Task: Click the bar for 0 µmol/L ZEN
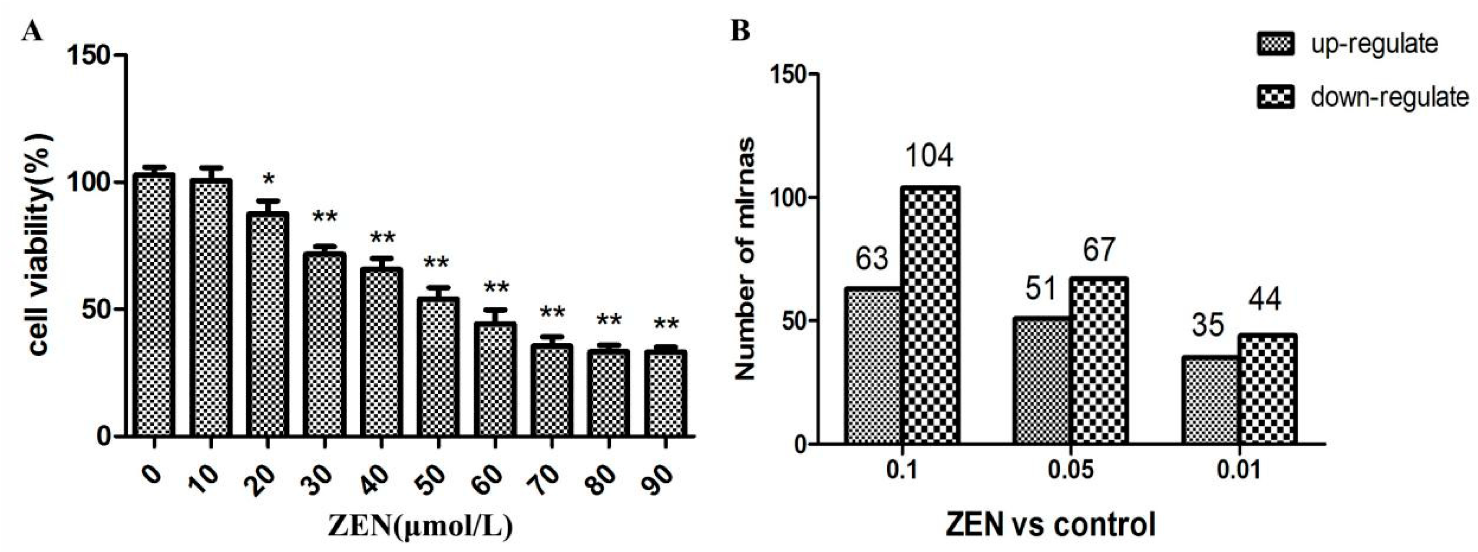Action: coord(154,304)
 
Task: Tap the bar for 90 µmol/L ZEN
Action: coord(665,394)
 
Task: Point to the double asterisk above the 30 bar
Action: coord(325,217)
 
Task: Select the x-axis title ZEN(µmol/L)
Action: coord(420,527)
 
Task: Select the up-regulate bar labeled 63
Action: coord(873,365)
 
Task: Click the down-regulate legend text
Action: coord(1389,97)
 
